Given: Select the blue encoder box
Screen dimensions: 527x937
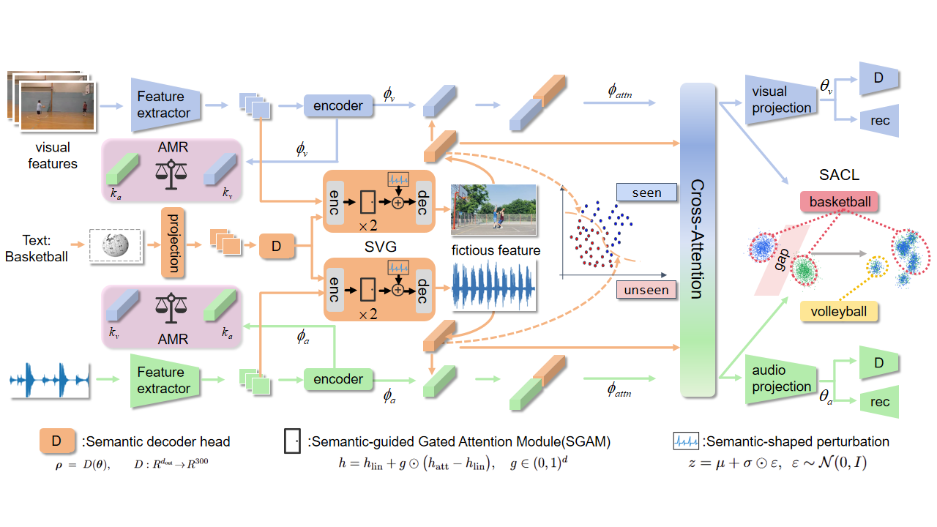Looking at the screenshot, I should [337, 105].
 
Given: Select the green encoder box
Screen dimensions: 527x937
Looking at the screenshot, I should [337, 379].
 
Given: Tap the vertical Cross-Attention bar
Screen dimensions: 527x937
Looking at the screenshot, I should [696, 241].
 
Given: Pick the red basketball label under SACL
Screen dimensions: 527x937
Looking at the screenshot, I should [840, 201].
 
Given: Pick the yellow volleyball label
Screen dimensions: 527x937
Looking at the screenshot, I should [838, 312].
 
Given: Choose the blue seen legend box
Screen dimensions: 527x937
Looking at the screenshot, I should [646, 193].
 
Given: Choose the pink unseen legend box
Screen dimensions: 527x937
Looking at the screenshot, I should [646, 291].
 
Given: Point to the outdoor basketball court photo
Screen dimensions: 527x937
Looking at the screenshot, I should [494, 207].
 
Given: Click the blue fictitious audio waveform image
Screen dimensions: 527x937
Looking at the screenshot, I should [494, 285].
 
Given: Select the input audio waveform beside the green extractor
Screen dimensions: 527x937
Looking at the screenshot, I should [50, 380].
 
